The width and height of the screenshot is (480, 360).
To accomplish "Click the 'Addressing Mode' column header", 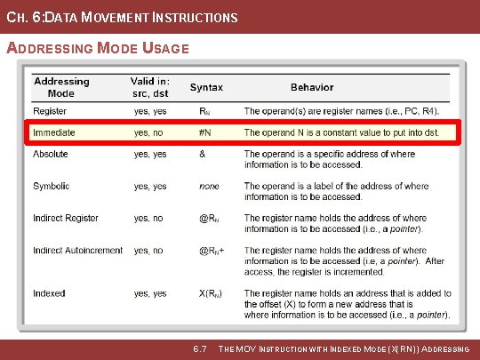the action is click(x=61, y=87).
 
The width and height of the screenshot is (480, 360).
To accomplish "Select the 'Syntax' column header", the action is click(x=206, y=87).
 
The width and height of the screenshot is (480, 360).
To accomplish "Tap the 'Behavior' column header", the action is click(x=312, y=87).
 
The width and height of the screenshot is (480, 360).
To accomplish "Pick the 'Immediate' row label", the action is click(x=53, y=132).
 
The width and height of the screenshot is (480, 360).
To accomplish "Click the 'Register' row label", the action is click(x=51, y=111).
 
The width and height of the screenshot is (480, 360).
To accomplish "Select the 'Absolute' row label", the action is click(x=51, y=154).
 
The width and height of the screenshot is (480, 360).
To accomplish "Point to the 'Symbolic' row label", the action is click(x=52, y=187).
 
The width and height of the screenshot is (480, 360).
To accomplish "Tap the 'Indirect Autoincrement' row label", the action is click(x=78, y=251).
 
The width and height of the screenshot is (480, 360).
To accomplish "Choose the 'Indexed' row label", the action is click(x=49, y=293).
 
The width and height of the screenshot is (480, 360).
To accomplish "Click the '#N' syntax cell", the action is click(x=204, y=132).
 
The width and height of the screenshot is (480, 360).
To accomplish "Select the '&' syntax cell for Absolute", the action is click(x=202, y=154).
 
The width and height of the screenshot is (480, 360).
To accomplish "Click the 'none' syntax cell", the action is click(x=209, y=187).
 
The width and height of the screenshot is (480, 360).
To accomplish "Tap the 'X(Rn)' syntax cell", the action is click(x=210, y=293).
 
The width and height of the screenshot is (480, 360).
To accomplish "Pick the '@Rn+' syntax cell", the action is click(x=211, y=251).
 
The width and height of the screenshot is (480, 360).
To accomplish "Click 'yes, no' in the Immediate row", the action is click(x=148, y=132).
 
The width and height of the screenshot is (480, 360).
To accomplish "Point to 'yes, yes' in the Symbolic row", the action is click(x=150, y=187).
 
